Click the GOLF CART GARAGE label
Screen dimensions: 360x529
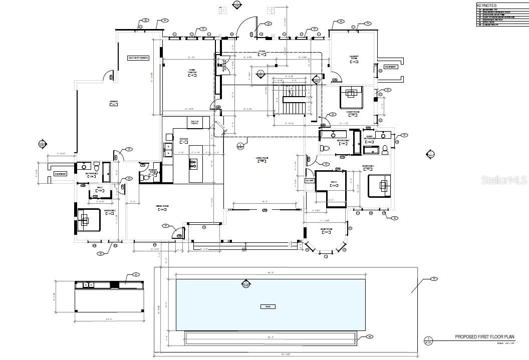[139, 58]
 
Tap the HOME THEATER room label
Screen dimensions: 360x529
[192, 71]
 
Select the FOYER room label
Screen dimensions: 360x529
[261, 52]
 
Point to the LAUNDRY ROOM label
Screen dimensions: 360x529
[353, 58]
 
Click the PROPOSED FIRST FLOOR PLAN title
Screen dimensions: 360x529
[484, 337]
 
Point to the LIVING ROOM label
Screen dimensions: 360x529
[262, 159]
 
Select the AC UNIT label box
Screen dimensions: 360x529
[310, 180]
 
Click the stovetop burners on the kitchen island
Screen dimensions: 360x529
[193, 162]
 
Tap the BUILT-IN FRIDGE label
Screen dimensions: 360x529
[194, 122]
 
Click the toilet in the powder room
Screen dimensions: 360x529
[146, 177]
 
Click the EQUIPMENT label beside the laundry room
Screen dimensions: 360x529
[390, 67]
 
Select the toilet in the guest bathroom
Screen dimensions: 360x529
[385, 149]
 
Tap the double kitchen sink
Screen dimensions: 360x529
[168, 149]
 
